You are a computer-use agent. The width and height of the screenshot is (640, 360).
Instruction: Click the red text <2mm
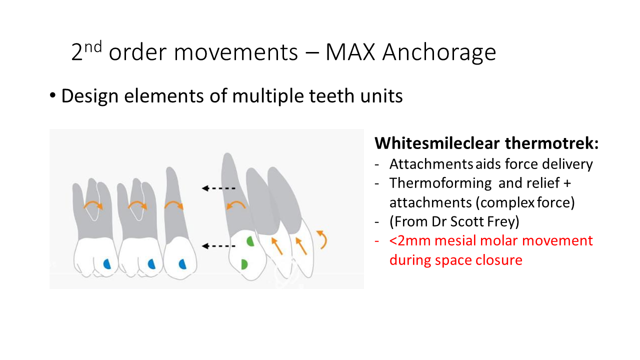pos(410,240)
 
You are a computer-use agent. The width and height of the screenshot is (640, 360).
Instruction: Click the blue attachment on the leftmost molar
pos(106,263)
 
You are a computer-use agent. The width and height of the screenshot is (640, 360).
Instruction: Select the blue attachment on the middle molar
pos(151,263)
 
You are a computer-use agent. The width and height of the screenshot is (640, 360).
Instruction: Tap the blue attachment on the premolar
pos(182,263)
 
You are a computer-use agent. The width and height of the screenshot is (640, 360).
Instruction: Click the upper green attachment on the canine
pos(250,241)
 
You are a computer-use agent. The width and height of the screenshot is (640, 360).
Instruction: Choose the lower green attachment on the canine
pos(244,264)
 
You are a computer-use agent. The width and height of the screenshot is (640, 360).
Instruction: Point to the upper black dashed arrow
pos(218,188)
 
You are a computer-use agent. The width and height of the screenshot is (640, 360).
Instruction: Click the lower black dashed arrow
pos(218,245)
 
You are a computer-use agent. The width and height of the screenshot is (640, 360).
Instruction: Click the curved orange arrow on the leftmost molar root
pos(92,205)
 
